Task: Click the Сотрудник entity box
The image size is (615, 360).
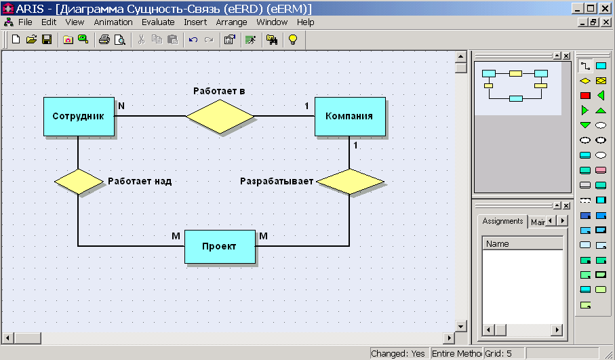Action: click(x=79, y=117)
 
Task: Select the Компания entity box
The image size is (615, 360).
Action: click(x=350, y=117)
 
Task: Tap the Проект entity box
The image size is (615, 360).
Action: click(x=220, y=247)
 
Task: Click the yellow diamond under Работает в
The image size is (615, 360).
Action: click(x=220, y=117)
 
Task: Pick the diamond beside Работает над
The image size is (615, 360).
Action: click(x=79, y=182)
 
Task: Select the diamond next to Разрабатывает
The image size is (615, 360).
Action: click(x=349, y=182)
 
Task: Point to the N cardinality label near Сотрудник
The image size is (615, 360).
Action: click(x=121, y=106)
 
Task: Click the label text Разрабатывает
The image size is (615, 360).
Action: click(x=277, y=181)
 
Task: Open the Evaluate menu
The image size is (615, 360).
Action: click(x=158, y=22)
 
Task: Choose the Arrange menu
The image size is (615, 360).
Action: click(x=231, y=22)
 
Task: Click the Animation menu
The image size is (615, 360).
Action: click(x=113, y=22)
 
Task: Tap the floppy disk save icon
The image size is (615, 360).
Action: click(x=47, y=39)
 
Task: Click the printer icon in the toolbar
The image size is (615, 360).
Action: click(x=104, y=39)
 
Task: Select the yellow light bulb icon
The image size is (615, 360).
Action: click(x=293, y=39)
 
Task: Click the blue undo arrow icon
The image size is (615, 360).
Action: click(x=193, y=39)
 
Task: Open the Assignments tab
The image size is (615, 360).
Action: click(x=502, y=221)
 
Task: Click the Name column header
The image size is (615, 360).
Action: click(x=522, y=243)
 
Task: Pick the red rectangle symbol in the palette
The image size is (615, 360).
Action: click(x=585, y=96)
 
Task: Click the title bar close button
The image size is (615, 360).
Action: click(x=605, y=8)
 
